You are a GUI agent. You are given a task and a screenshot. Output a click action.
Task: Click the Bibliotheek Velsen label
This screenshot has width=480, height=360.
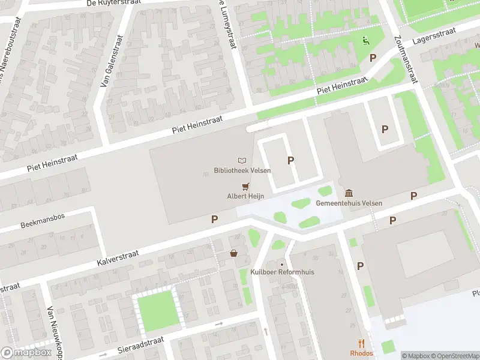(x=242, y=170)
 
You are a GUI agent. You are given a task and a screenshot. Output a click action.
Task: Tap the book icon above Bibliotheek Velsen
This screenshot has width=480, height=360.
(x=242, y=161)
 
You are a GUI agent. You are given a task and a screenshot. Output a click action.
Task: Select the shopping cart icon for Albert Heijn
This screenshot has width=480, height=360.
(x=245, y=187)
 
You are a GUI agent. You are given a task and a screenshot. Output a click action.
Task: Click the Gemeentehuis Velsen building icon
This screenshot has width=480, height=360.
(x=349, y=193)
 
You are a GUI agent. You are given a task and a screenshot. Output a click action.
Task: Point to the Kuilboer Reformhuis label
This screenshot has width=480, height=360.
(x=282, y=272)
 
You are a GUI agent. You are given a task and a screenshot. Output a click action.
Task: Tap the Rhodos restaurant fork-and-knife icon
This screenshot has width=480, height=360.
(x=361, y=344)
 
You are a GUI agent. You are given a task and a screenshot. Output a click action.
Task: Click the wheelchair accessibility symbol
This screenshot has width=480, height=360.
(x=365, y=41)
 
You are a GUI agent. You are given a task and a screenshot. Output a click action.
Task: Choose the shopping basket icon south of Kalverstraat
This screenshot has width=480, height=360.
(x=233, y=254)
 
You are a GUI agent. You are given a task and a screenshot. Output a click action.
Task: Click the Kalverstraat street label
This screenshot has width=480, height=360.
(x=118, y=258)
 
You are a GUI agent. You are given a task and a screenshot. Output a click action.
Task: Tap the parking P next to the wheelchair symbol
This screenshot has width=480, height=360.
(x=373, y=58)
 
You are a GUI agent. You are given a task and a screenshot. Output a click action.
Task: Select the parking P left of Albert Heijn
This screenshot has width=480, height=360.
(x=214, y=220)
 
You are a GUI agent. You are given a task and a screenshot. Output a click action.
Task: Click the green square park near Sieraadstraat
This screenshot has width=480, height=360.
(x=158, y=310)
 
